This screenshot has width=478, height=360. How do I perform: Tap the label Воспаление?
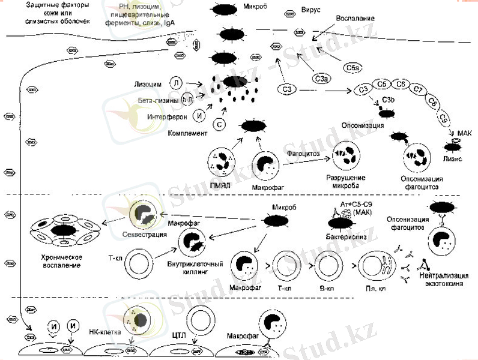pos(349,19)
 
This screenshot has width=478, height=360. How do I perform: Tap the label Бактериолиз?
pos(344,238)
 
